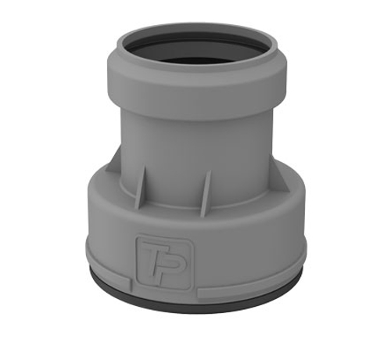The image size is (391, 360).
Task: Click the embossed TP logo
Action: pos(165,262)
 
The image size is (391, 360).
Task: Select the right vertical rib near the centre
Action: pos(206,193)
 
